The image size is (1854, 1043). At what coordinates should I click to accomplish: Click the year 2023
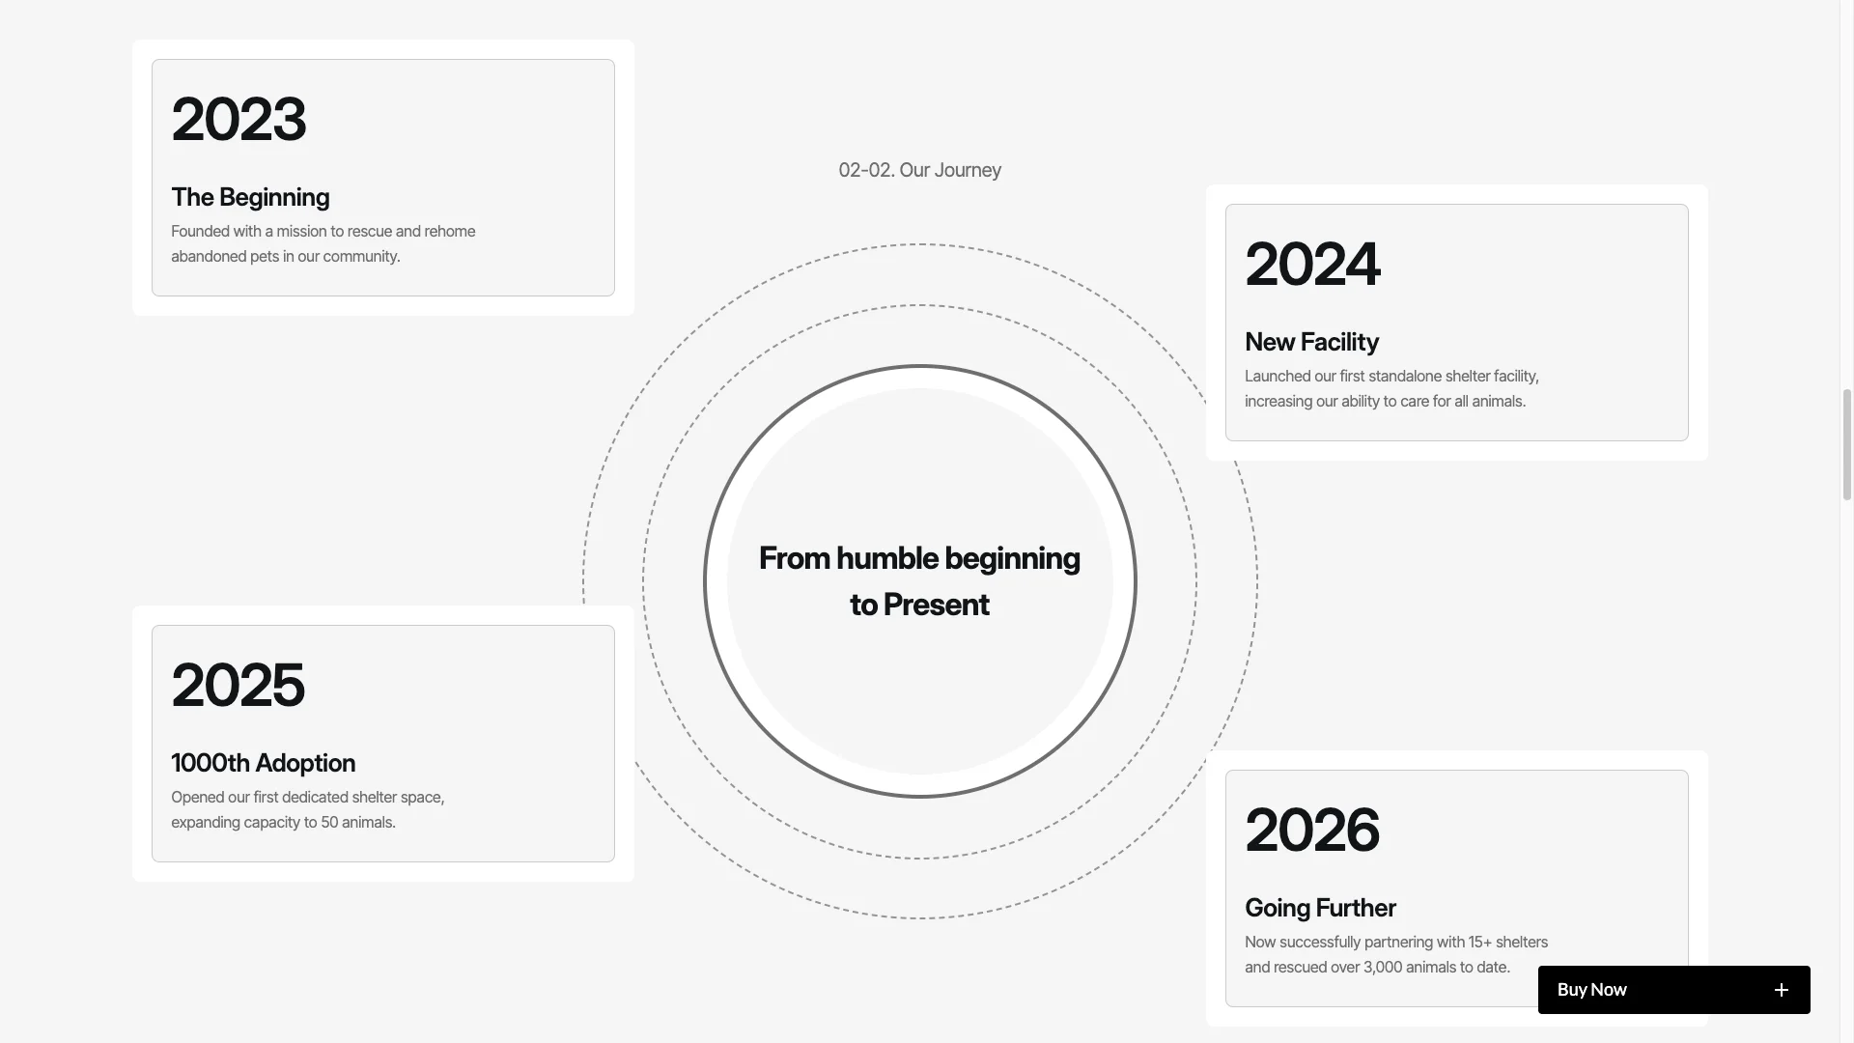[239, 119]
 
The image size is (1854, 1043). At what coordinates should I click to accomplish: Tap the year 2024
[1312, 264]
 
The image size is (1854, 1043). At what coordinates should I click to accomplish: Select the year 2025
[238, 685]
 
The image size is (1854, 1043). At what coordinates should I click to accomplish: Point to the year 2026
[1312, 830]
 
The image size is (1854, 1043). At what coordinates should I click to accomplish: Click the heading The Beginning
[250, 197]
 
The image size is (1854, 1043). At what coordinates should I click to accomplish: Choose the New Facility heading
[1311, 342]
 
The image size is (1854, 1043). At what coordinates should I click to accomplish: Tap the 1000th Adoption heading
[263, 763]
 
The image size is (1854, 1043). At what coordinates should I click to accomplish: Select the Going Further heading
[1320, 908]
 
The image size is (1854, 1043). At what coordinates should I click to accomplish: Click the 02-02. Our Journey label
[919, 170]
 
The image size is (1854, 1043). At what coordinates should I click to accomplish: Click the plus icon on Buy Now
[1782, 990]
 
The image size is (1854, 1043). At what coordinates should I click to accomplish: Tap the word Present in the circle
[936, 605]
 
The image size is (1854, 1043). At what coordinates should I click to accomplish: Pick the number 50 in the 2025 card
[329, 822]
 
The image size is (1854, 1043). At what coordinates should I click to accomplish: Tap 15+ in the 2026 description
[1480, 942]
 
